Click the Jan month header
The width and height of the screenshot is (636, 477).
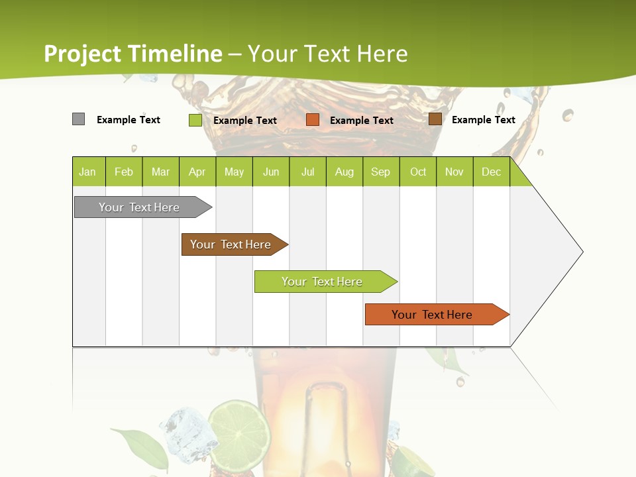[87, 172]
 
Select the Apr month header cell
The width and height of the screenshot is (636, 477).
[197, 172]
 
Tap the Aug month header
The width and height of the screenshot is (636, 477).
[344, 172]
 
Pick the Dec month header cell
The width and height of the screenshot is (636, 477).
[491, 172]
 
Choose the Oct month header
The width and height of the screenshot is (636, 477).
[418, 172]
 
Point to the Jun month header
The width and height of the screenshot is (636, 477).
[271, 172]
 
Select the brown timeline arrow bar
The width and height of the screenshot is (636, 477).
[232, 244]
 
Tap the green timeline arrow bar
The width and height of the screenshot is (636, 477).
[323, 282]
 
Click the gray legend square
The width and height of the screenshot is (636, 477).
[78, 119]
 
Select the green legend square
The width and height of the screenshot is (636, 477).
[195, 120]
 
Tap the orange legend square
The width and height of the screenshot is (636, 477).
[313, 120]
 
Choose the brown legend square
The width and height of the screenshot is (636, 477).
[435, 119]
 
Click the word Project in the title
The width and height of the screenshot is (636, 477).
[83, 54]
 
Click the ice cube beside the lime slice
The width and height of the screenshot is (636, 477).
[188, 430]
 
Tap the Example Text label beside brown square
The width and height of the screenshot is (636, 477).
[483, 120]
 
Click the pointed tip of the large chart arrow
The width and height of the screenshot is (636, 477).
[582, 252]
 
